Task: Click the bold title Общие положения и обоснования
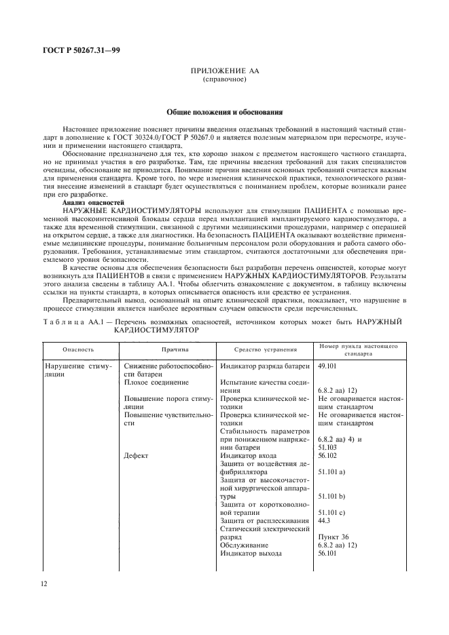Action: click(224, 112)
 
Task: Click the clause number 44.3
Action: click(325, 520)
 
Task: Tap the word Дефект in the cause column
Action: click(137, 457)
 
